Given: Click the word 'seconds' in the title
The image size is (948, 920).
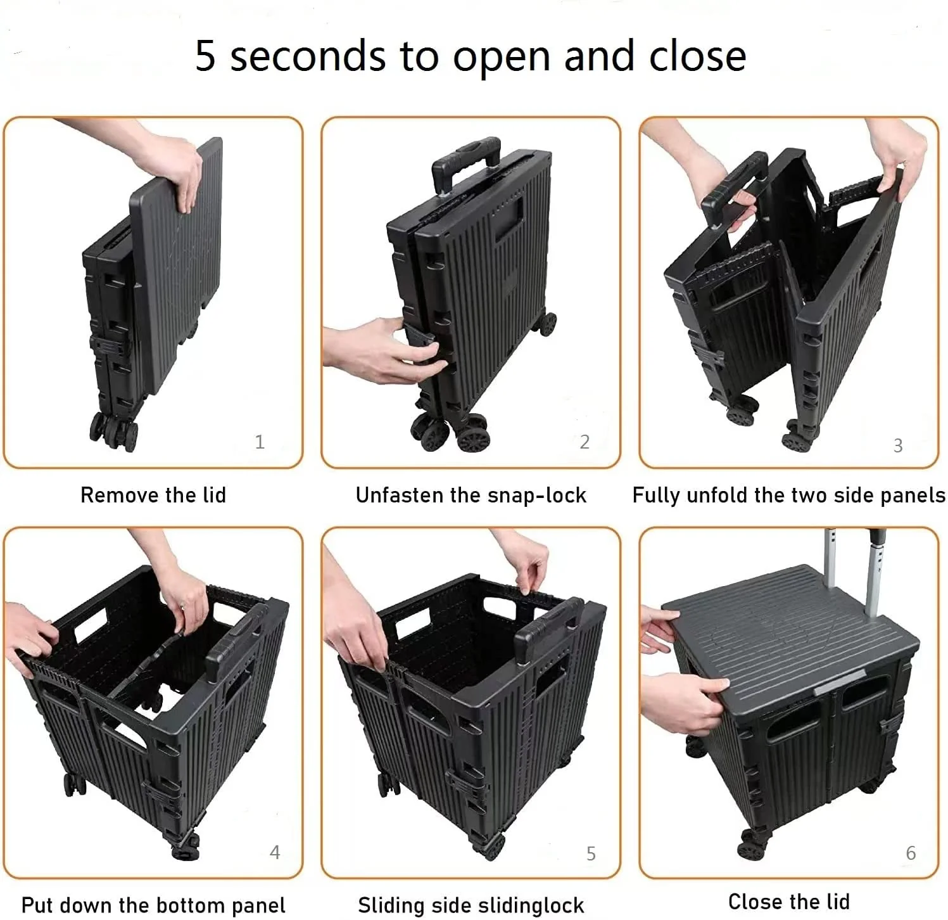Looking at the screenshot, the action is click(x=307, y=56).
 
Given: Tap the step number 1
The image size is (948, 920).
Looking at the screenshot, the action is click(x=259, y=442).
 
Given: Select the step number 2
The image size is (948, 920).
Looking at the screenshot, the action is click(x=585, y=442).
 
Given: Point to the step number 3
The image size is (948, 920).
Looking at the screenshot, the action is click(x=898, y=445).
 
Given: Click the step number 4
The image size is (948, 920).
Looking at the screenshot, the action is click(x=275, y=852).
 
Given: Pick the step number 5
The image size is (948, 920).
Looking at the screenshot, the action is click(x=591, y=853).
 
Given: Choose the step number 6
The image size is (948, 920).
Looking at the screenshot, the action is click(x=911, y=853).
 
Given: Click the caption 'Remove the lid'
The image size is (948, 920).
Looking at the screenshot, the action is click(x=153, y=495).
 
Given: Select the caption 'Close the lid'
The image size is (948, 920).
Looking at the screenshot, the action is click(x=789, y=901).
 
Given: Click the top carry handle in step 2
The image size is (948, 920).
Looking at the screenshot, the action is click(x=465, y=160).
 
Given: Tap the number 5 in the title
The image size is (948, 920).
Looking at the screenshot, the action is click(x=205, y=56).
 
